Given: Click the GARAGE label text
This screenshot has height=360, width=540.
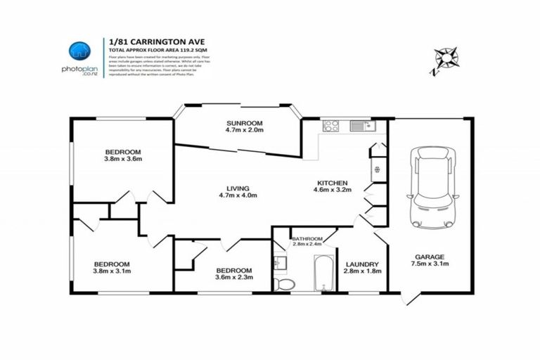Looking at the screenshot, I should pos(432,257).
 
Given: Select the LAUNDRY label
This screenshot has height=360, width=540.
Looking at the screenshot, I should pos(361,264).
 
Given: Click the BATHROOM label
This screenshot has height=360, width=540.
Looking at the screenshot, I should pos(307,239).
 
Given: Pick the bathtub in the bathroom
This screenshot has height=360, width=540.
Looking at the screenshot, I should pos(323,273).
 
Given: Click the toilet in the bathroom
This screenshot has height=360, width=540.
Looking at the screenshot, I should pos(283,283).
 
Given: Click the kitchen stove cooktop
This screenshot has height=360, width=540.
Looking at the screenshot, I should pos(330,126).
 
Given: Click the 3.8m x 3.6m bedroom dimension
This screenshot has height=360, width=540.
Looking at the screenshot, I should pos(123,159).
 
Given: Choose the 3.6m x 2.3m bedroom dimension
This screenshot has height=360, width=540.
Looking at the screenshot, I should pos(234,278).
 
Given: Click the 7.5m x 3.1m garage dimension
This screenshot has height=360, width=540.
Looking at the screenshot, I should pos(432,264).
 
